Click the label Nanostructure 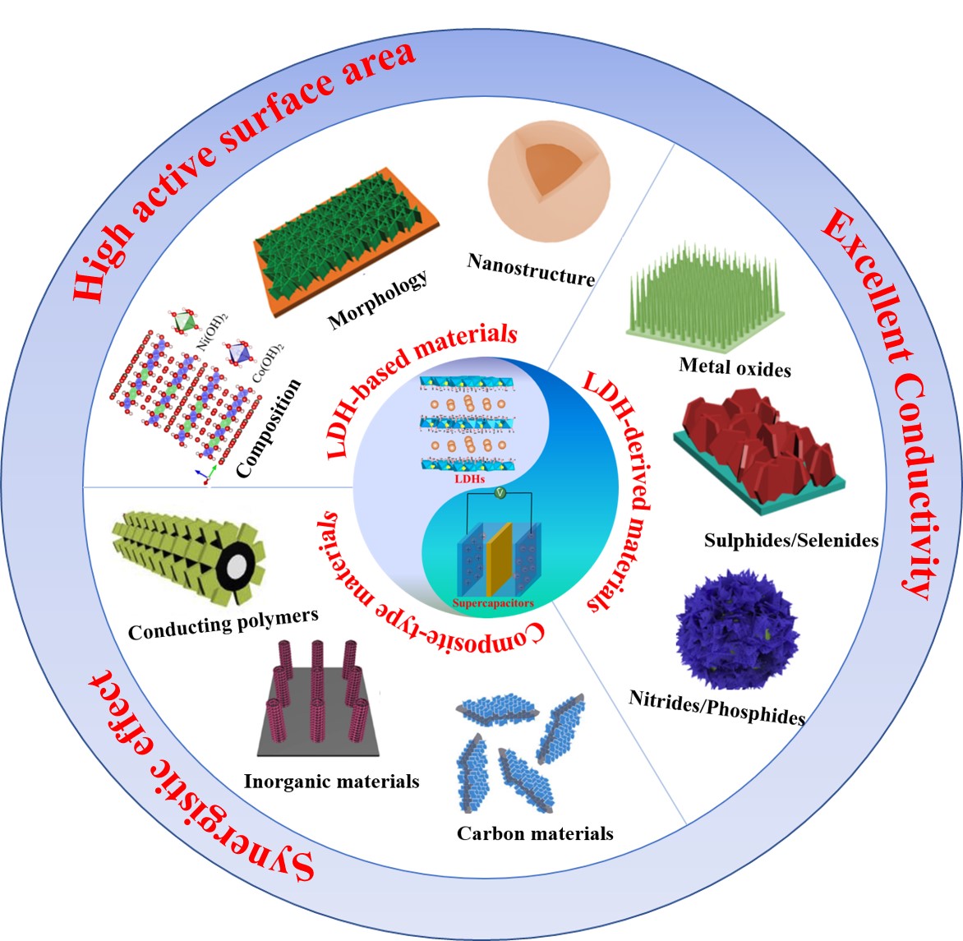pos(532,270)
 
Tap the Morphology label pos(378,299)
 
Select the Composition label pos(269,428)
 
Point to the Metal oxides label pos(735,367)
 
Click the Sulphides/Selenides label pos(791,540)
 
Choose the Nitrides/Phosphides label pos(716,708)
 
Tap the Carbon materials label pos(535,833)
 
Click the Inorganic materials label pos(332,782)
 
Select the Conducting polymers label pos(223,625)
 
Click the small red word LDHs pos(470,478)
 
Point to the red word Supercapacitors pos(493,603)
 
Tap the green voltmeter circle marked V pos(500,492)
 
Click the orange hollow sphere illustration pos(549,181)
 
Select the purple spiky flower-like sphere pos(737,630)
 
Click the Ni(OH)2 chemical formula pos(212,332)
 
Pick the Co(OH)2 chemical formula pos(269,363)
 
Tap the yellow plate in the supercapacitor pos(499,560)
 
